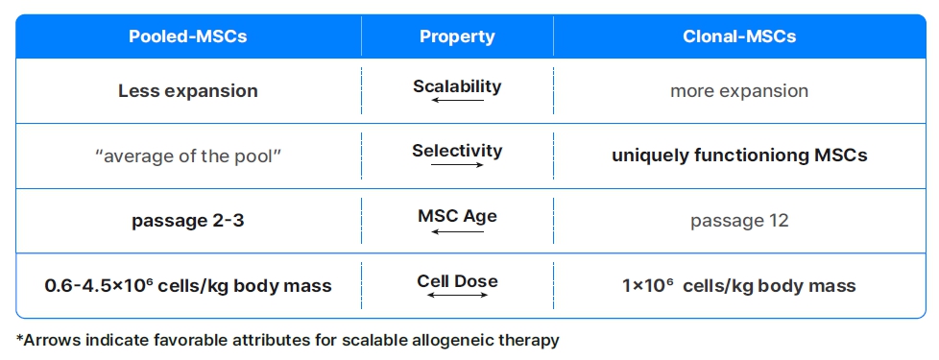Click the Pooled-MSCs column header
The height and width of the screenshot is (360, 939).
[188, 37]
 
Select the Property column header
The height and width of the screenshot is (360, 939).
[457, 37]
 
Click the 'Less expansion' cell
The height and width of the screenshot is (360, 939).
[188, 91]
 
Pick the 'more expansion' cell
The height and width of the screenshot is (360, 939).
[739, 91]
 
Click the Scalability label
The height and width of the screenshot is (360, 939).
[457, 85]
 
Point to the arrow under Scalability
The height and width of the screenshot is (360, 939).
[457, 100]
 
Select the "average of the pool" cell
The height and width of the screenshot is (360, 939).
[188, 156]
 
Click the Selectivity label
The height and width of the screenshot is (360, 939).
[457, 151]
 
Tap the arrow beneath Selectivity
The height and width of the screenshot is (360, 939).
[457, 165]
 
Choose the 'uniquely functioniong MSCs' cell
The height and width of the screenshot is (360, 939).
[739, 156]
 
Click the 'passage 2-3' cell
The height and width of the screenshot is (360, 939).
[188, 220]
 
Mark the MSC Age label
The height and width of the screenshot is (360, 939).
[457, 216]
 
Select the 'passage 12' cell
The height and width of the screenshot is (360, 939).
[739, 220]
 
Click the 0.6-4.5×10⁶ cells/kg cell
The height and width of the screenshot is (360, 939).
[188, 285]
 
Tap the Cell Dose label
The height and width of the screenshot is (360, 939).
[457, 280]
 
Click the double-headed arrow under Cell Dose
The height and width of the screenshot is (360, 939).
[457, 295]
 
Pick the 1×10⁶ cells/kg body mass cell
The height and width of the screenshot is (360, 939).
[739, 285]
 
